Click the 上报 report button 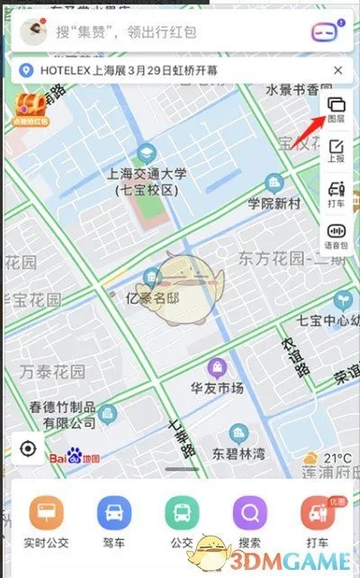pyautogui.click(x=337, y=151)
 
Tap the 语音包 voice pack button pyautogui.click(x=337, y=237)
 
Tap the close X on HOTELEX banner pyautogui.click(x=337, y=70)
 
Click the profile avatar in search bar pyautogui.click(x=34, y=32)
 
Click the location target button pyautogui.click(x=28, y=448)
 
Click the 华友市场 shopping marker pyautogui.click(x=217, y=367)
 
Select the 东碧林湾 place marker pyautogui.click(x=238, y=433)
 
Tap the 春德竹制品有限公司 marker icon pyautogui.click(x=109, y=415)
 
